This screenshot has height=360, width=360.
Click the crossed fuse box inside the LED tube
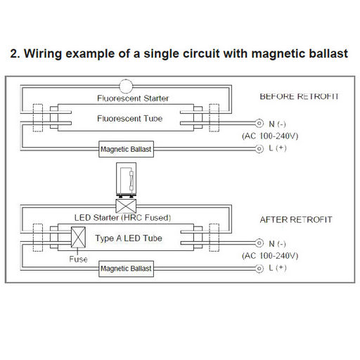pyautogui.click(x=78, y=237)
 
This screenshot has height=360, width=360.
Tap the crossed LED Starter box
pyautogui.click(x=126, y=206)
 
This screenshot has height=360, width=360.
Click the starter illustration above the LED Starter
pyautogui.click(x=126, y=179)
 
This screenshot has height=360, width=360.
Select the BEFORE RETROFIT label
pyautogui.click(x=299, y=96)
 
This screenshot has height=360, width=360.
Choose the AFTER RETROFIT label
pyautogui.click(x=296, y=219)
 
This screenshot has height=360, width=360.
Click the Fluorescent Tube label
pyautogui.click(x=130, y=118)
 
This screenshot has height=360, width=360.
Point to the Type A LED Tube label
pyautogui.click(x=129, y=238)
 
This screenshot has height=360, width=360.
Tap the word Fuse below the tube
pyautogui.click(x=78, y=259)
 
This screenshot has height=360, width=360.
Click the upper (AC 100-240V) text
pyautogui.click(x=270, y=136)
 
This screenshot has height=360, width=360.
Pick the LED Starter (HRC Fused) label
pyautogui.click(x=122, y=218)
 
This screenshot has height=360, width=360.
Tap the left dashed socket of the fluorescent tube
pyautogui.click(x=38, y=118)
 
